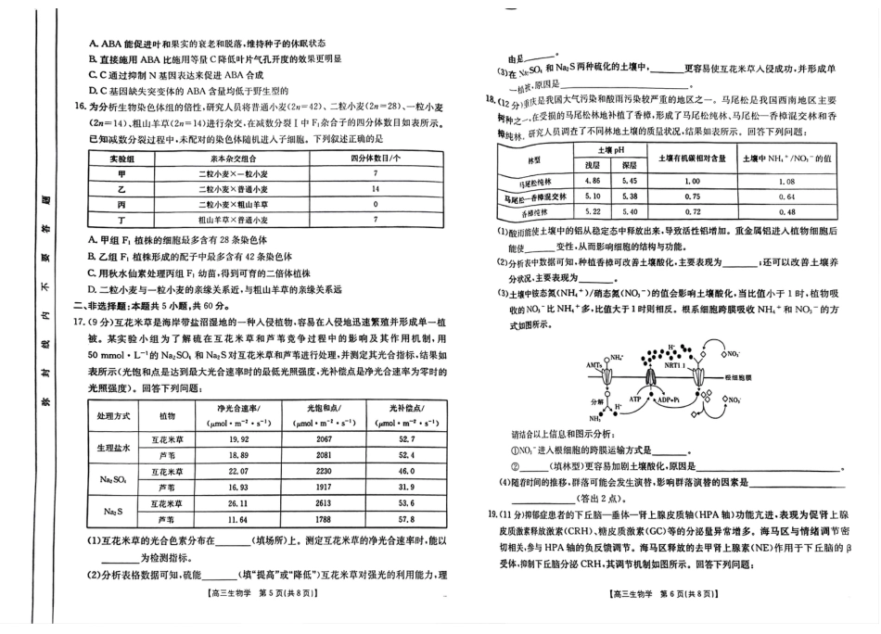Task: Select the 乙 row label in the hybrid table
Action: (121, 189)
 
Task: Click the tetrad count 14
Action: (375, 189)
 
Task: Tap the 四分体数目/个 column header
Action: (375, 158)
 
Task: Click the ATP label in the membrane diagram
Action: (636, 398)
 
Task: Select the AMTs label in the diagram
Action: (594, 366)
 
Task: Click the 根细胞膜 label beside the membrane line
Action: (743, 378)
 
